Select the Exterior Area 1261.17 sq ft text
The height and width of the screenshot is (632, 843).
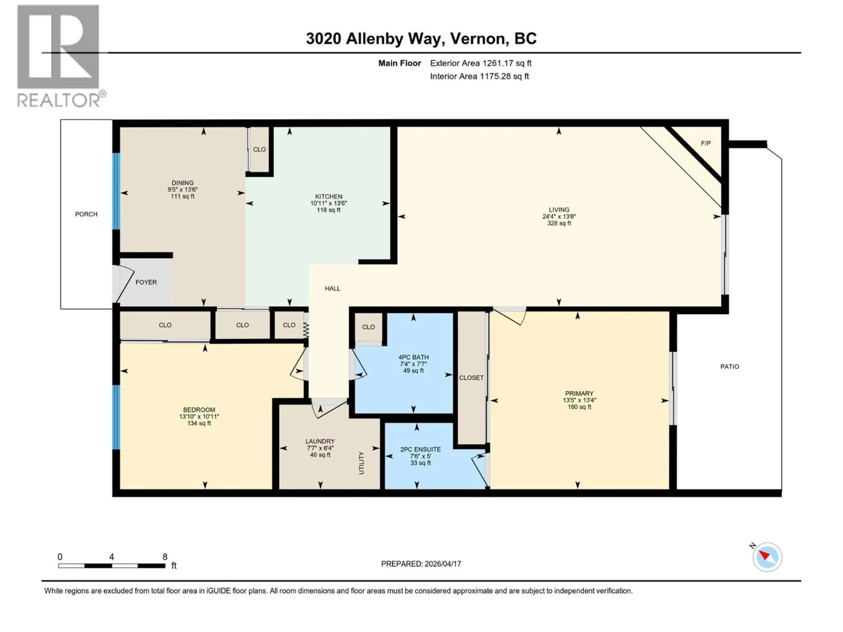pyautogui.click(x=481, y=63)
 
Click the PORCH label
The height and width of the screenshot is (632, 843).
pyautogui.click(x=86, y=214)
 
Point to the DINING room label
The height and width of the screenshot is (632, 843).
pyautogui.click(x=183, y=183)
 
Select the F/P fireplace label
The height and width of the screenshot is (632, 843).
pyautogui.click(x=705, y=144)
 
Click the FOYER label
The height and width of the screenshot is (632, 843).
pyautogui.click(x=146, y=282)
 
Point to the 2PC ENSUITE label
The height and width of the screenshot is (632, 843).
pyautogui.click(x=420, y=449)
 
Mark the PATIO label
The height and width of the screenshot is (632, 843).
pyautogui.click(x=730, y=367)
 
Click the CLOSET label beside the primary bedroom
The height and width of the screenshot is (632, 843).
pyautogui.click(x=471, y=378)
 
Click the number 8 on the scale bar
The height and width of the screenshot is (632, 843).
pyautogui.click(x=165, y=557)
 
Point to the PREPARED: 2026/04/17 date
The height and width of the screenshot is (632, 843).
pyautogui.click(x=421, y=564)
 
